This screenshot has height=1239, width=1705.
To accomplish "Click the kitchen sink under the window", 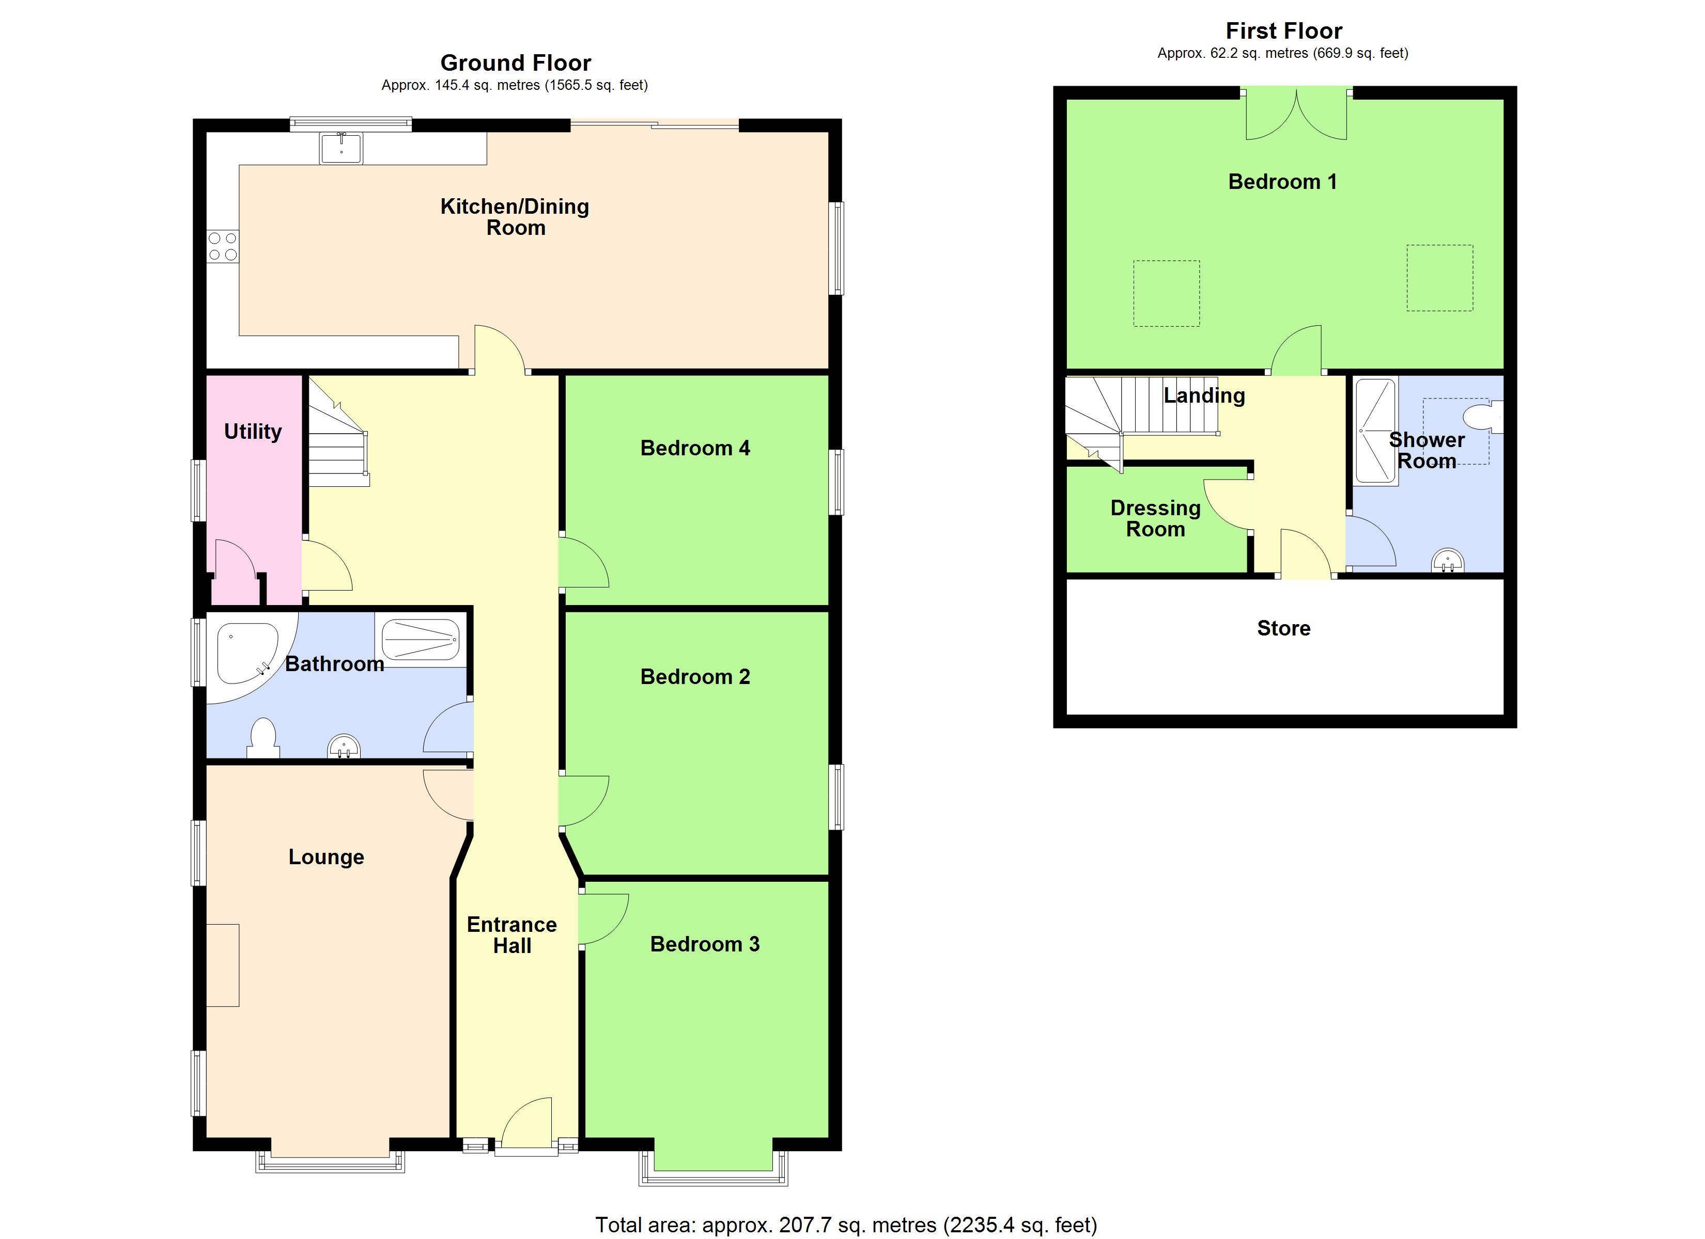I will [342, 148].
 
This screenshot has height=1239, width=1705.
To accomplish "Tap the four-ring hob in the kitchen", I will [223, 246].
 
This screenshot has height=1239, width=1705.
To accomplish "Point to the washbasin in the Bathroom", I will [344, 746].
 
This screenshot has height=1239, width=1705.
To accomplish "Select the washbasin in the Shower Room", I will [1447, 561].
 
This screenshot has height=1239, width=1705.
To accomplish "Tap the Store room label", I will [1283, 628].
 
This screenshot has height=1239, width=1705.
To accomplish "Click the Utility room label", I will [253, 431].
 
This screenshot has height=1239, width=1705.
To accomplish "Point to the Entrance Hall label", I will [512, 935].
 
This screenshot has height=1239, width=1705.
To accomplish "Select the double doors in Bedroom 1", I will [1296, 117].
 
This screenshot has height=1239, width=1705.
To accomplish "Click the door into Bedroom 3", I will [603, 919].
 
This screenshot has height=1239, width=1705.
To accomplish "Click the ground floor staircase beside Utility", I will [338, 443].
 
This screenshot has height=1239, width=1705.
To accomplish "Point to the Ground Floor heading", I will [515, 62].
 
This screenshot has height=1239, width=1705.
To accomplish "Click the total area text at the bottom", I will [846, 1225].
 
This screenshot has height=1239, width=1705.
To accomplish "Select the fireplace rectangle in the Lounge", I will [223, 965].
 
